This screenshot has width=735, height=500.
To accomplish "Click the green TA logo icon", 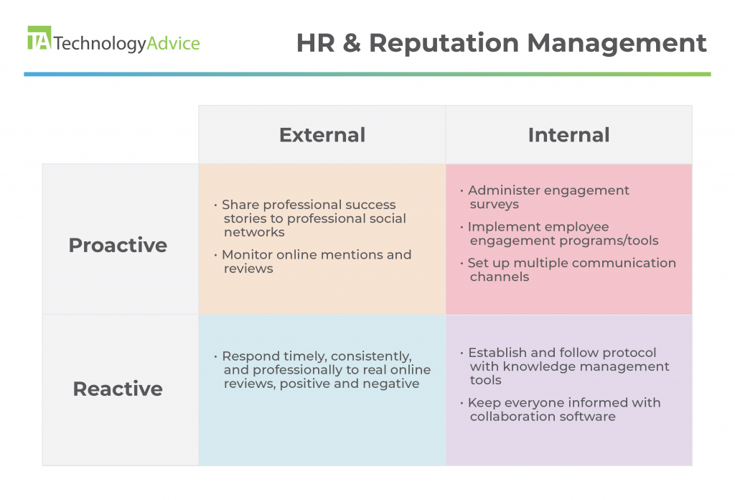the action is (39, 37).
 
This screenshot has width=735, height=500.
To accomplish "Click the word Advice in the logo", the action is (174, 43).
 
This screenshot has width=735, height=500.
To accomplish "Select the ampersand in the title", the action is (352, 42).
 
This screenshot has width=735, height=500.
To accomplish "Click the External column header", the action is (322, 135).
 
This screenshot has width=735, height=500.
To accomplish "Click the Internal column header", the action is (568, 135).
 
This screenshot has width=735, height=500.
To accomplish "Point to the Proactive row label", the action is (118, 245).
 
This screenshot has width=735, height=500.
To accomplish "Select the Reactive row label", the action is (118, 389).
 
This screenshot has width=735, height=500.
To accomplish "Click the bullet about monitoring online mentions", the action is (313, 261).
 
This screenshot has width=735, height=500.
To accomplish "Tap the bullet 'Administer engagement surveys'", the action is (544, 197).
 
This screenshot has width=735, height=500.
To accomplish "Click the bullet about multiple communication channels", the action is (568, 269).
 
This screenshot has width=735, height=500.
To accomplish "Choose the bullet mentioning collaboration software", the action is (560, 409).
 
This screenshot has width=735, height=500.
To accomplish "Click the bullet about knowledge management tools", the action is (564, 366).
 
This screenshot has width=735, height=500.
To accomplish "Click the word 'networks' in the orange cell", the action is (254, 232).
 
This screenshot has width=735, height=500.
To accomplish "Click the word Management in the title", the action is (617, 43).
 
